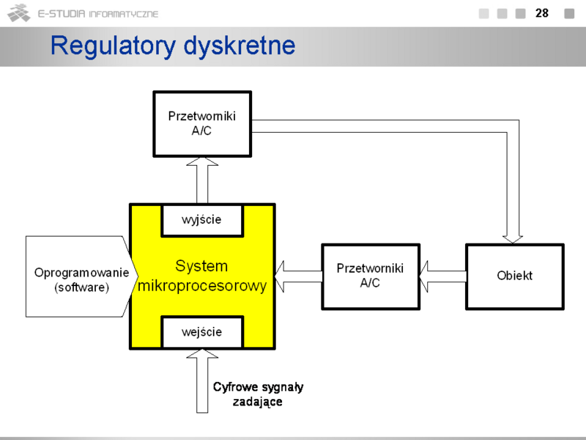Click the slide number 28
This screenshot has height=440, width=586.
coord(542,13)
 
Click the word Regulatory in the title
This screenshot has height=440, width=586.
coord(113,46)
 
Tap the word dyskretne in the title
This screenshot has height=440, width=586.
coord(240,45)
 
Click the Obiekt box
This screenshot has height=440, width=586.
coord(515,276)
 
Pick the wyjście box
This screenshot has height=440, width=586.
coord(202,221)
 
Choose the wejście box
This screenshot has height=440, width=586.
coord(202,332)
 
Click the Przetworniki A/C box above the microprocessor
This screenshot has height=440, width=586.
coord(202,124)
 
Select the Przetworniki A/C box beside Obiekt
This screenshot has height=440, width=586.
coord(371,276)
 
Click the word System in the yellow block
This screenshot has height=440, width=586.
coord(201,266)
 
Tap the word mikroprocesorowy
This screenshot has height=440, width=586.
coord(202,286)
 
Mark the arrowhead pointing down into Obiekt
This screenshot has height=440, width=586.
coord(513,240)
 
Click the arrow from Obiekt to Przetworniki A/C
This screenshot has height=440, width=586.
coord(443,276)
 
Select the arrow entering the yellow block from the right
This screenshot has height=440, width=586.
coord(298,276)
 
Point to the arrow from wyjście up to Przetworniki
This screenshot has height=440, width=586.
coord(202,180)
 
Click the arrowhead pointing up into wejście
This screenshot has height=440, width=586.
coord(202,353)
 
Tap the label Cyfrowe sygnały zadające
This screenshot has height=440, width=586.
coord(258,394)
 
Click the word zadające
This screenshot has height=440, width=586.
coord(258,402)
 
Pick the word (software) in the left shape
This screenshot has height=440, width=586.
coord(81,287)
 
